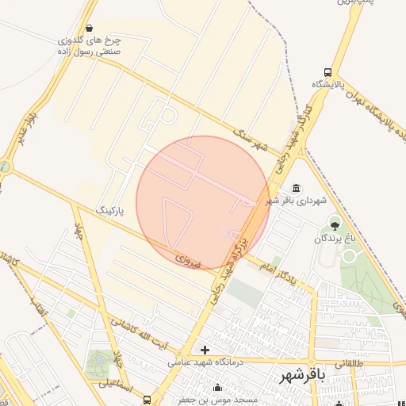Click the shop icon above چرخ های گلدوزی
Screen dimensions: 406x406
click(88, 28)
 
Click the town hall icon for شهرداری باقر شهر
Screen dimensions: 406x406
click(296, 188)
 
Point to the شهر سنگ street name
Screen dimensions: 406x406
click(259, 141)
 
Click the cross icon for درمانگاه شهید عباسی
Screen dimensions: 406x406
click(205, 350)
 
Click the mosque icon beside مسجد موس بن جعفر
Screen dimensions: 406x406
click(217, 388)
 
